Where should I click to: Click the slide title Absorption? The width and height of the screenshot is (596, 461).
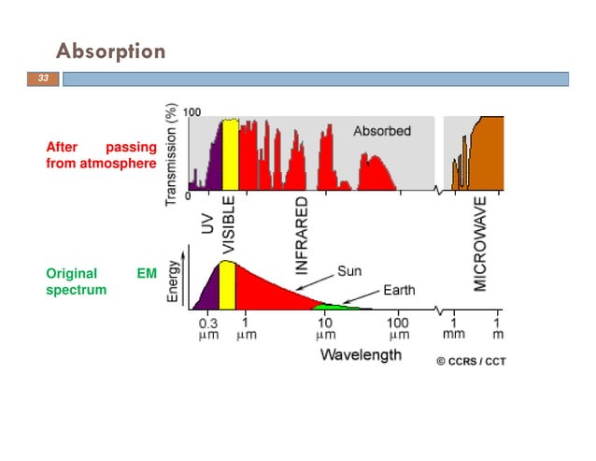tap(110, 50)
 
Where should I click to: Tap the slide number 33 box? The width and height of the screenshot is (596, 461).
tap(42, 79)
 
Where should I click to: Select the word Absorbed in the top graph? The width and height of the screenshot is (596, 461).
tap(381, 131)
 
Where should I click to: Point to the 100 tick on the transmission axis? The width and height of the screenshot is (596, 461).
tap(192, 112)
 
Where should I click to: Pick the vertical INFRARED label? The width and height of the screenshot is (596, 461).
tap(302, 234)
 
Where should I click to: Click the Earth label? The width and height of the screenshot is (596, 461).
tap(399, 290)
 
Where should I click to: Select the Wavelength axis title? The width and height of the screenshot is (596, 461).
tap(361, 354)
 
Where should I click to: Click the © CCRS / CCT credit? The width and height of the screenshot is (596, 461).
tap(472, 361)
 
